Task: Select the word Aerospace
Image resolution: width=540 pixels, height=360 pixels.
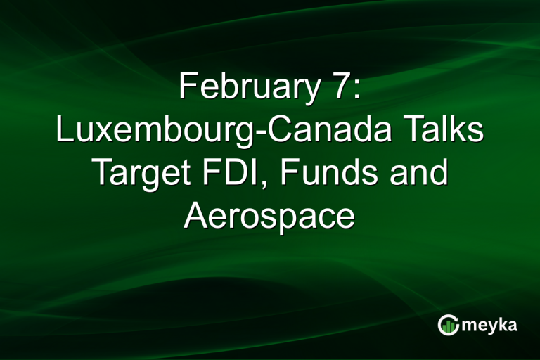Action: pos(269,216)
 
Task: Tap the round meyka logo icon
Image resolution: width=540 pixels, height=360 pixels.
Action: pos(449,325)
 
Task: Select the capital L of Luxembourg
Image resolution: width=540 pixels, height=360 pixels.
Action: pos(64,131)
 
